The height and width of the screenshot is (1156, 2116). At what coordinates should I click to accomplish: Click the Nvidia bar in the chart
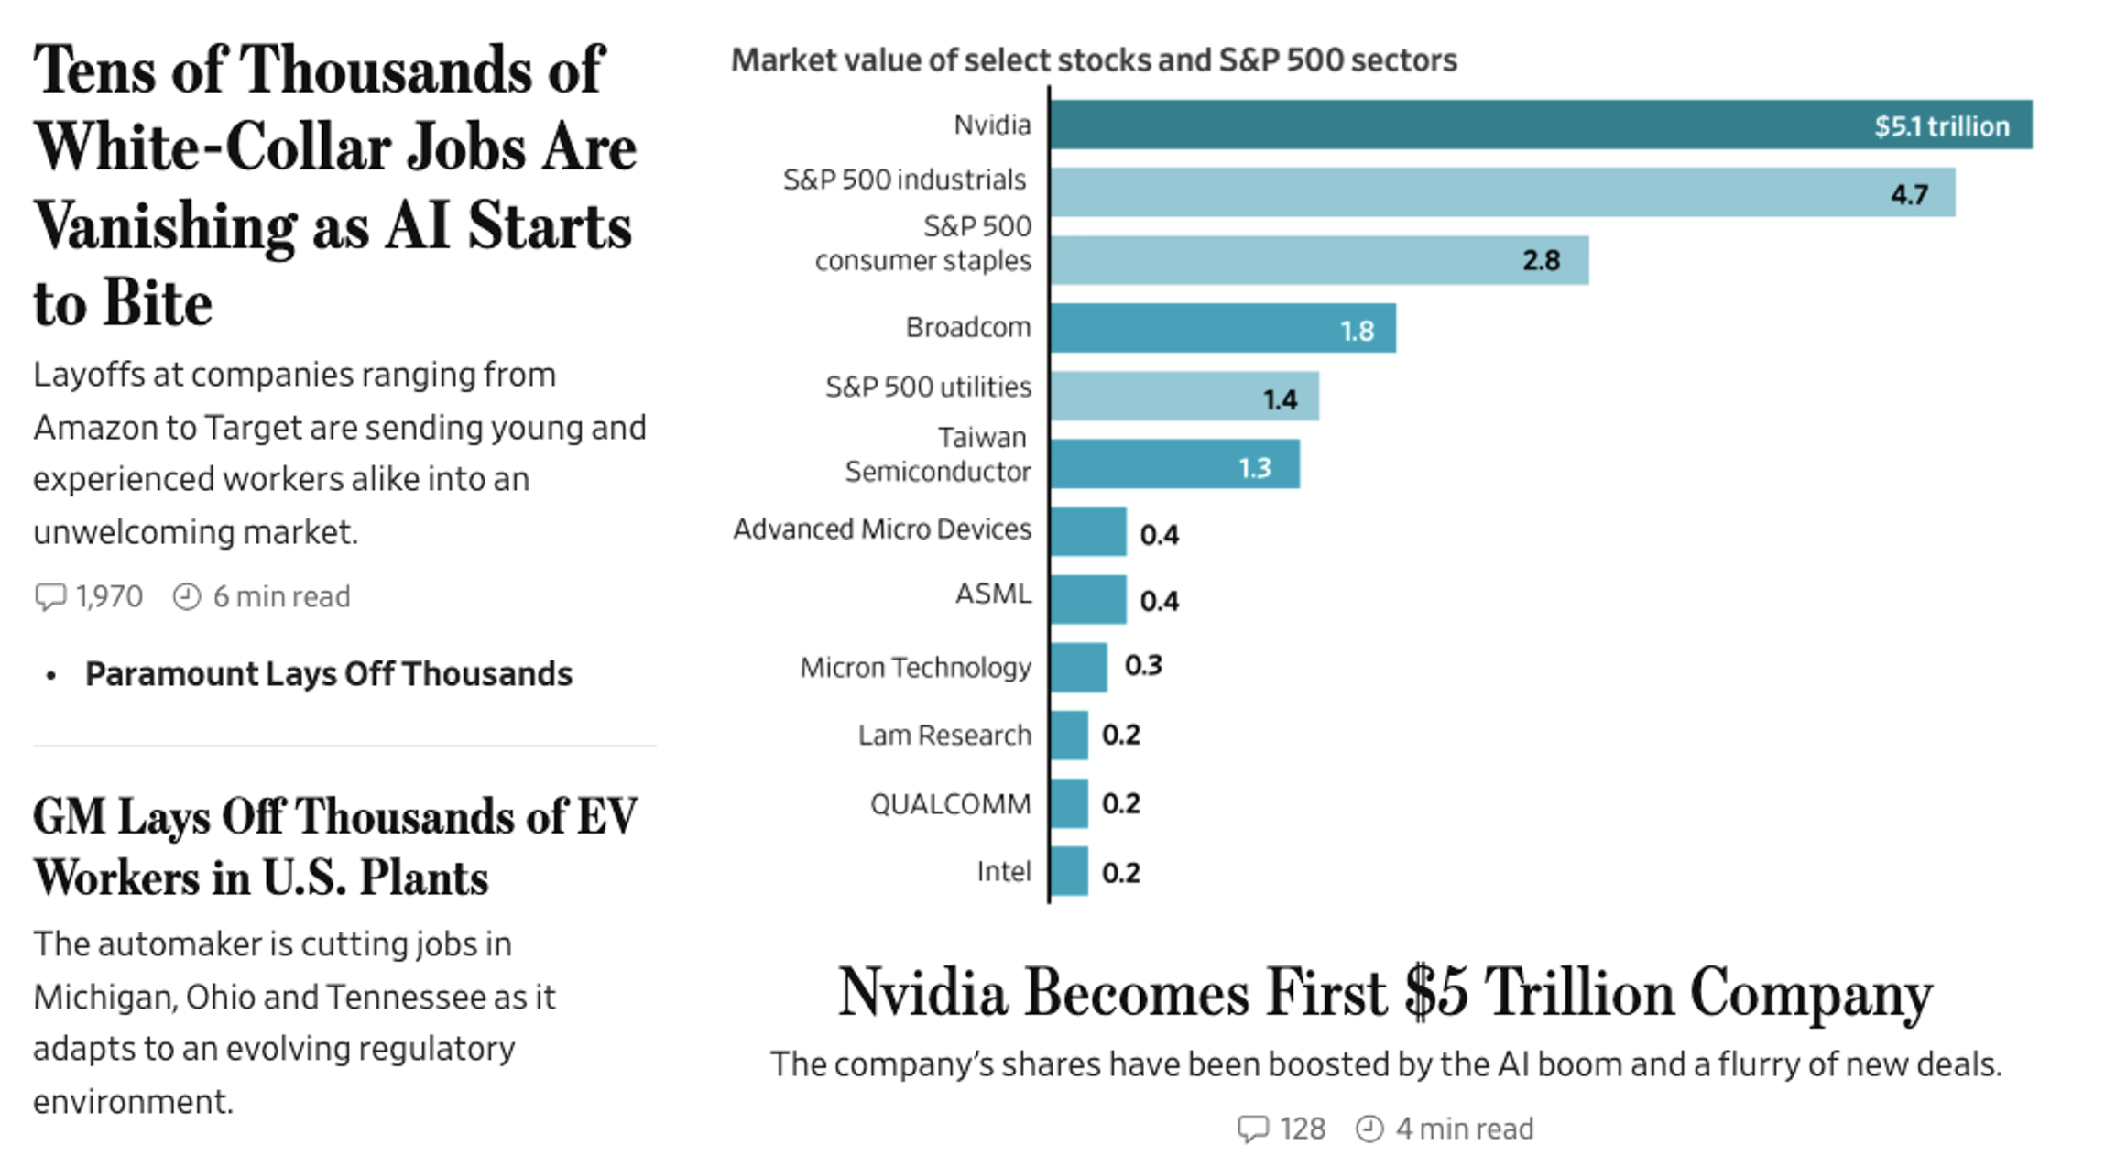(1539, 125)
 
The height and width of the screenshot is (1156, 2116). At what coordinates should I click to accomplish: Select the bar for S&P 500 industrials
(1502, 192)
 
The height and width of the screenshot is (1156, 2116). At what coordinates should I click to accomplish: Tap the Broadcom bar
(1223, 328)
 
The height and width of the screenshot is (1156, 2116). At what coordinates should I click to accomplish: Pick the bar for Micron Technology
(1078, 667)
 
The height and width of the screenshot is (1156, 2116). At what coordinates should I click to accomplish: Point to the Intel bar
(1069, 871)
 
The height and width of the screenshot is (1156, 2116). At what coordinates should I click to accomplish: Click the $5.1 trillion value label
(1941, 126)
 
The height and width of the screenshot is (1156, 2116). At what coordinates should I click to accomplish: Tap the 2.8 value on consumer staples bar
(1541, 261)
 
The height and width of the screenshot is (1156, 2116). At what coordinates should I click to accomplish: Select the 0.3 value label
(1143, 666)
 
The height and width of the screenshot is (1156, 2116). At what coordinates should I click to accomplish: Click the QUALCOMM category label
(950, 804)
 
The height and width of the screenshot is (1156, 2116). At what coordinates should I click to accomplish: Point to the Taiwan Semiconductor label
(938, 455)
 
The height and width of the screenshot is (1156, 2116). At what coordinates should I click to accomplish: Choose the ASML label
(993, 594)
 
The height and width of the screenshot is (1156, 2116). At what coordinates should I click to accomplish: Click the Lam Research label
(944, 736)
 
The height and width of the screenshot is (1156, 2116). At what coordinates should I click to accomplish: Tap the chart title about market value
(1094, 60)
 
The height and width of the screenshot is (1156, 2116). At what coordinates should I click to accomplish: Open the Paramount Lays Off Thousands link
(328, 674)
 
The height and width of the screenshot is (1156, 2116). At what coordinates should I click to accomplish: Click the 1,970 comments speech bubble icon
(50, 597)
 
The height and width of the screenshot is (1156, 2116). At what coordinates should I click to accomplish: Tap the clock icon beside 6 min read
(187, 597)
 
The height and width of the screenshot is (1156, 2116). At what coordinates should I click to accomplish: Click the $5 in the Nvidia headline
(1436, 993)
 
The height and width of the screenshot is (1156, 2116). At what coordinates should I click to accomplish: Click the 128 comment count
(1303, 1129)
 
